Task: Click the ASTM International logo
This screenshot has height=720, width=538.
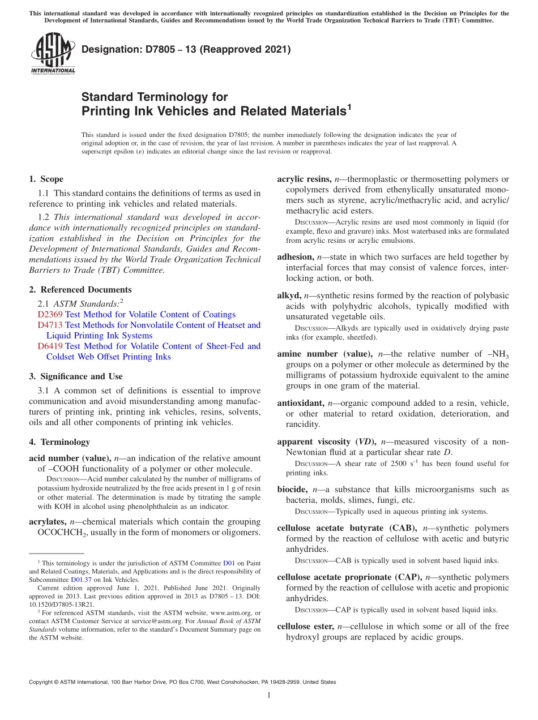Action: coord(52,53)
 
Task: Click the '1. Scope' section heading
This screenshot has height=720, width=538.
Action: coord(46,179)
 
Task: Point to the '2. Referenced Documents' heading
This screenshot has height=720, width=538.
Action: coord(72,290)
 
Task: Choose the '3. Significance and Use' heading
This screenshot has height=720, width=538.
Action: coord(75,376)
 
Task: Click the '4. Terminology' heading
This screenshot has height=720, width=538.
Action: coord(59,442)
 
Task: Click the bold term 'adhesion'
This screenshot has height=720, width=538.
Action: coord(295,257)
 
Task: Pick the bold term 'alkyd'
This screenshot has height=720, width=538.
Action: coord(289,295)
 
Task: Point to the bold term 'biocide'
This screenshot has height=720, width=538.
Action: coord(292,490)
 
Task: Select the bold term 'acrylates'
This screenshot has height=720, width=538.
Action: coord(48,522)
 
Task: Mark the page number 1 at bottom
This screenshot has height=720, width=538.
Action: coord(269,695)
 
